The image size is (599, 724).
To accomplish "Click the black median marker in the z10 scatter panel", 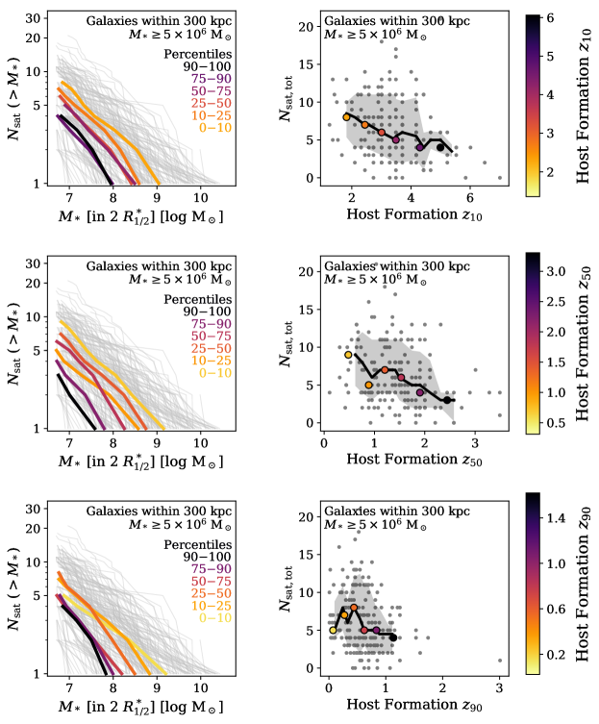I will (x=440, y=147).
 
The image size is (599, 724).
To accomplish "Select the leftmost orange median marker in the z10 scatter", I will (x=347, y=117).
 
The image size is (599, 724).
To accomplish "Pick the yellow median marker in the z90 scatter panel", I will (x=334, y=631).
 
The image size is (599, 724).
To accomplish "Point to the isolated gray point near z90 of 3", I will (x=500, y=661).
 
